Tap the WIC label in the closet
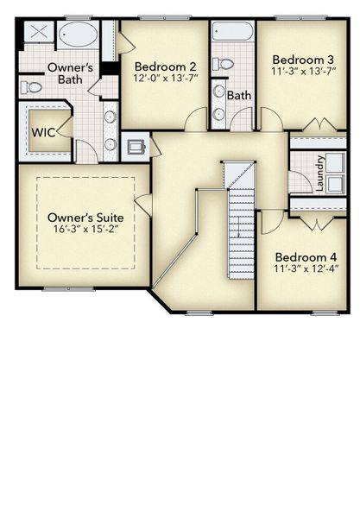click(x=45, y=133)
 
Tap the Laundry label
click(x=320, y=173)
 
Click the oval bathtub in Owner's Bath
click(x=79, y=35)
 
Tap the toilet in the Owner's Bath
click(x=31, y=86)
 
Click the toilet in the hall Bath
click(x=224, y=63)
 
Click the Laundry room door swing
click(x=300, y=181)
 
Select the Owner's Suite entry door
click(x=143, y=205)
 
